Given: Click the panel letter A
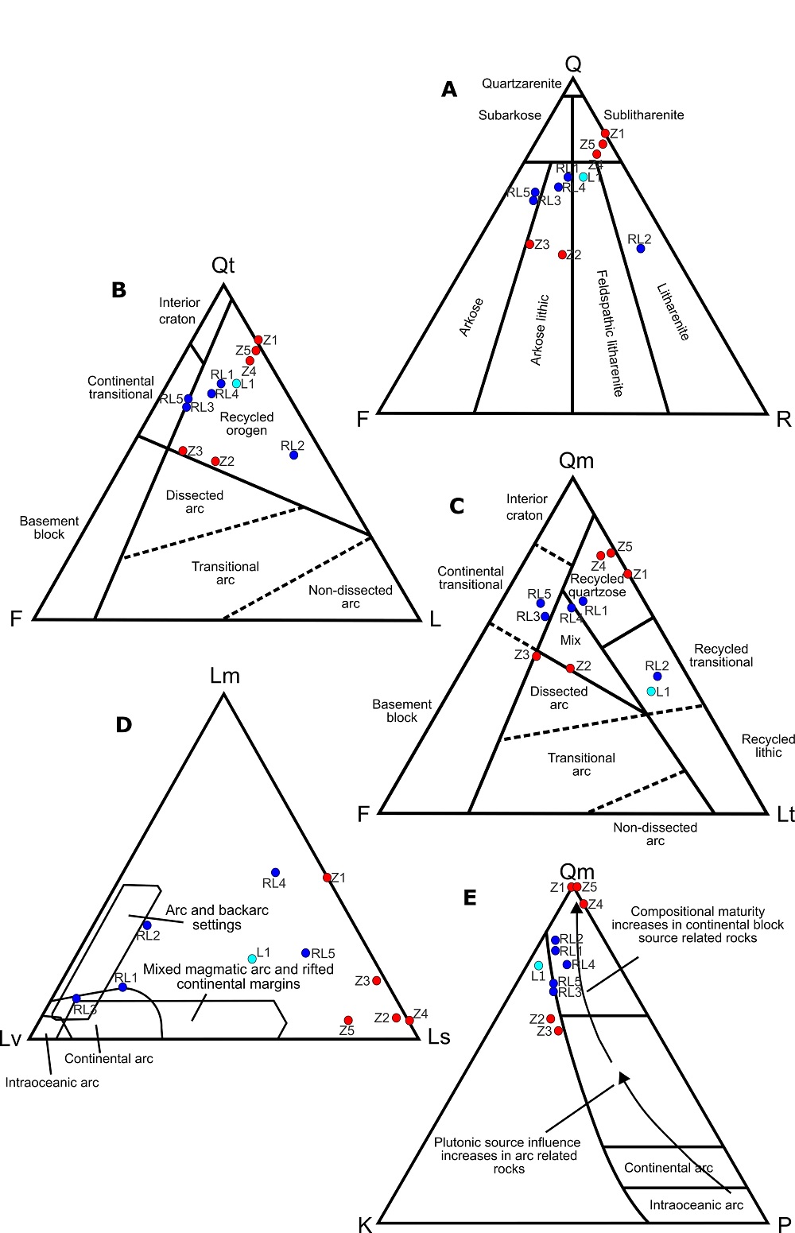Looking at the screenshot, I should click(449, 90).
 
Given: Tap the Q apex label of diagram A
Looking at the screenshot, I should click(573, 64).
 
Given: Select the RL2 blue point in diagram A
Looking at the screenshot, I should click(641, 249).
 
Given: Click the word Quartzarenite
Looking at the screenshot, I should click(522, 83).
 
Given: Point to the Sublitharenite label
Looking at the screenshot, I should click(644, 115).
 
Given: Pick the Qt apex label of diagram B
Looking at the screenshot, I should click(223, 266).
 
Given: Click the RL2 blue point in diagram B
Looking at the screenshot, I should click(294, 455).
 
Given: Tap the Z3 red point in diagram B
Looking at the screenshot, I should click(183, 451).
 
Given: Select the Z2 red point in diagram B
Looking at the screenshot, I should click(215, 461).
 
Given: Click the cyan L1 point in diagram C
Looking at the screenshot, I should click(651, 692).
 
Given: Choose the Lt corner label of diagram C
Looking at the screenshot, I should click(785, 814).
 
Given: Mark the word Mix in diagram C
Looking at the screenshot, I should click(571, 640).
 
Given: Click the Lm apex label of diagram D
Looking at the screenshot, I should click(225, 676).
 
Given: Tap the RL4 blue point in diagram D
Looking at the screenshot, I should click(276, 872).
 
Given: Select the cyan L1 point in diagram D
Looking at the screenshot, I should click(252, 958).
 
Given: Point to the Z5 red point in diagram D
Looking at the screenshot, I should click(348, 1020).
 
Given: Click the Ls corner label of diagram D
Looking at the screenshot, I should click(439, 1037).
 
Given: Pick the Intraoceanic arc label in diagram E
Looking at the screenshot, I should click(696, 1205).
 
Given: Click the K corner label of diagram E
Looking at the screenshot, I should click(365, 1225).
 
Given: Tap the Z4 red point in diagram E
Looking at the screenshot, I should click(584, 904).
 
